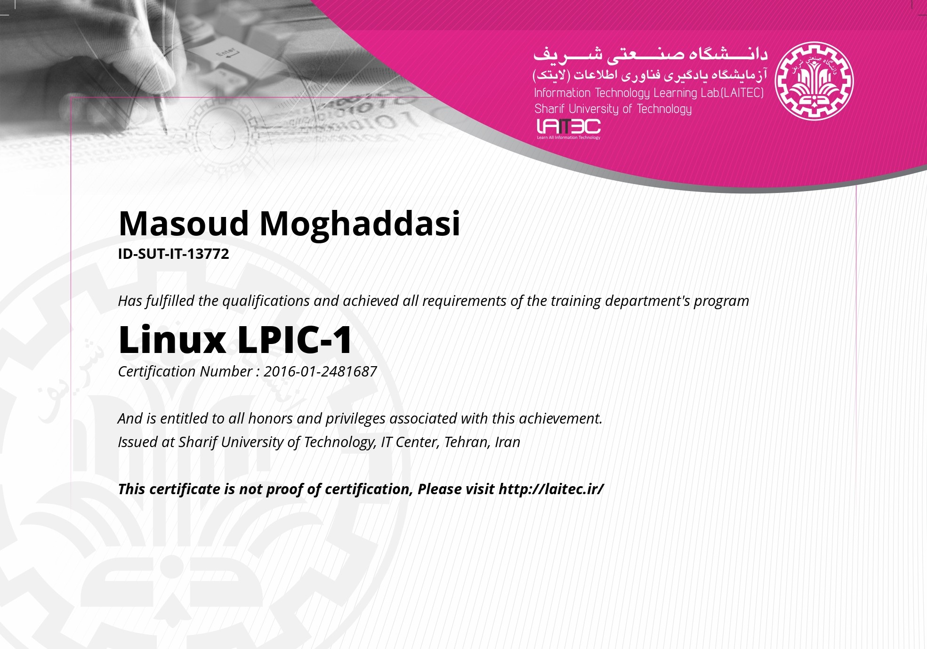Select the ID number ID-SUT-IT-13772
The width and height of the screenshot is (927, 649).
(x=173, y=254)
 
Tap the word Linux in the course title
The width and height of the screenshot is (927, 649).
(x=172, y=339)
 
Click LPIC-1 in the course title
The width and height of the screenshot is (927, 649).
(x=295, y=339)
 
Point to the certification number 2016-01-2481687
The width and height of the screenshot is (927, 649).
(x=320, y=372)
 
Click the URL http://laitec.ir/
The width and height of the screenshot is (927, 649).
(x=551, y=489)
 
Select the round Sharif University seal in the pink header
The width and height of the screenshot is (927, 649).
(x=814, y=81)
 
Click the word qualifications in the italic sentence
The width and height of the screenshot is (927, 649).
(x=266, y=301)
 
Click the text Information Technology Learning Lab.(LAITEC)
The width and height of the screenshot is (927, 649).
(x=649, y=93)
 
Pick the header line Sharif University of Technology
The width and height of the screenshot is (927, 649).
(x=613, y=109)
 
